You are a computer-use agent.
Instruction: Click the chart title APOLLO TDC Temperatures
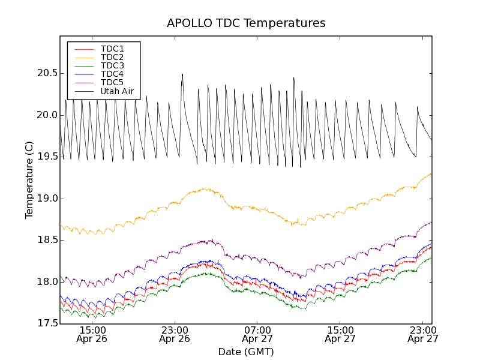[x=246, y=23]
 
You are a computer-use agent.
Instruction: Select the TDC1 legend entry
[x=112, y=49]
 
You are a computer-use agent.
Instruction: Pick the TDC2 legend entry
[x=112, y=57]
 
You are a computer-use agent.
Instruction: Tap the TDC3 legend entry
[x=112, y=65]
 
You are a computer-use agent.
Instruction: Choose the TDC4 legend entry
[x=112, y=74]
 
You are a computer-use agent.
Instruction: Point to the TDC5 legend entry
[x=112, y=82]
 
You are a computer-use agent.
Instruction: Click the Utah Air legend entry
[x=116, y=91]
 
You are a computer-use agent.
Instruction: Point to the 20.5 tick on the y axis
[x=46, y=73]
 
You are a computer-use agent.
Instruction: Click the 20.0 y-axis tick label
[x=46, y=115]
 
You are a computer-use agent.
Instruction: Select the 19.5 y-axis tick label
[x=46, y=157]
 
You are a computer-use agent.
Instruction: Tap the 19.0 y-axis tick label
[x=46, y=199]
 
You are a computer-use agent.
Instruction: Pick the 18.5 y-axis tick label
[x=46, y=240]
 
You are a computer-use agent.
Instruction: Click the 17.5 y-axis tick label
[x=46, y=323]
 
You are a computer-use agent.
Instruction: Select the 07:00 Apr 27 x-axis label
[x=258, y=334]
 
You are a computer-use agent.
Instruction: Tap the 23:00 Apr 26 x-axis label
[x=175, y=334]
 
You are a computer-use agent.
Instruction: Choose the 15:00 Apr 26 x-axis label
[x=92, y=334]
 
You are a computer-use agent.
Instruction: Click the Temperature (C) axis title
[x=29, y=180]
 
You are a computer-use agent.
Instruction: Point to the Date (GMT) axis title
[x=246, y=352]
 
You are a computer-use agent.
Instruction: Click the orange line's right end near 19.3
[x=431, y=174]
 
